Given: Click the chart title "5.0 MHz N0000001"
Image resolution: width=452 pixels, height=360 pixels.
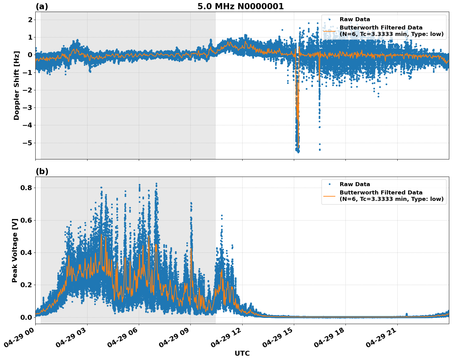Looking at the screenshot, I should pyautogui.click(x=240, y=6).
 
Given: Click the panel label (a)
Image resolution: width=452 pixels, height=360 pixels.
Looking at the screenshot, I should pyautogui.click(x=42, y=6).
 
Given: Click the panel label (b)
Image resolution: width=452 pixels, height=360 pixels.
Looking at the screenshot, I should pyautogui.click(x=42, y=171).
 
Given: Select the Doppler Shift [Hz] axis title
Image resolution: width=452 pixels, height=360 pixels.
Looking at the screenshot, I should pyautogui.click(x=17, y=85).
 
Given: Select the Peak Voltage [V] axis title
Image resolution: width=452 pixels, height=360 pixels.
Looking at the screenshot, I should pyautogui.click(x=15, y=250).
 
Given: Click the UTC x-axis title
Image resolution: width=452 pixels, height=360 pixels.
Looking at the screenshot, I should pyautogui.click(x=242, y=353).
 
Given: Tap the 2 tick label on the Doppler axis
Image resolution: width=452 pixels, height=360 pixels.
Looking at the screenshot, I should pyautogui.click(x=30, y=20).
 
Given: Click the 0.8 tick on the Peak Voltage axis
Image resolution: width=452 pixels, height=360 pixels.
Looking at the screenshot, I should pyautogui.click(x=26, y=188).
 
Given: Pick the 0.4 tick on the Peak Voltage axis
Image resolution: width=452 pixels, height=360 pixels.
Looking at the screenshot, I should pyautogui.click(x=26, y=252).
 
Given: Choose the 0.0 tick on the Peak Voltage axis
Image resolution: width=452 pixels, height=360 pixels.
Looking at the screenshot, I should pyautogui.click(x=26, y=317).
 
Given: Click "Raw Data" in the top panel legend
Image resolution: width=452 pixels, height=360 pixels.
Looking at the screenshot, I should pyautogui.click(x=355, y=19).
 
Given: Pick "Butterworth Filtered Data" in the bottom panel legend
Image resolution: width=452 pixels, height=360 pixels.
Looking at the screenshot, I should pyautogui.click(x=381, y=193).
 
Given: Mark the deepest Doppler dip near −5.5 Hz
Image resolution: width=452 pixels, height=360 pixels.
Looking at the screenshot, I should pyautogui.click(x=298, y=151).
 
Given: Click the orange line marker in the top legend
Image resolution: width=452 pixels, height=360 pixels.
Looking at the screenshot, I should pyautogui.click(x=329, y=31).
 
